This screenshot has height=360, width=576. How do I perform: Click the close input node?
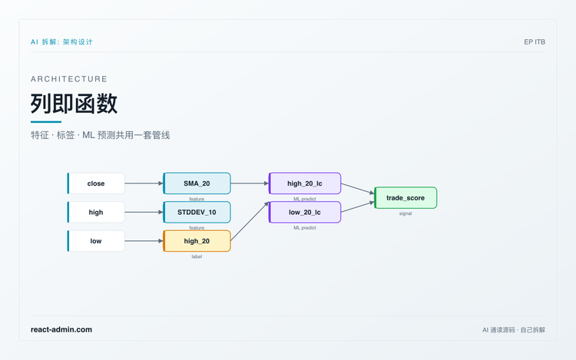96,183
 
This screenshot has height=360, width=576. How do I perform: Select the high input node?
96,212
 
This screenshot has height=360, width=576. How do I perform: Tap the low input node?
96,241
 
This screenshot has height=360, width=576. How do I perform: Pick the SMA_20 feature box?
197,183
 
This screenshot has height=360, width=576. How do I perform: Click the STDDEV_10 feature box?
197,212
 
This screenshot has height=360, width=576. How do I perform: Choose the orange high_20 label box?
197,241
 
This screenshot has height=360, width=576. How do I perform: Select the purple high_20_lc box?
305,183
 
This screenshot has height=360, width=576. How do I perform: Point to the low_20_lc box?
305,212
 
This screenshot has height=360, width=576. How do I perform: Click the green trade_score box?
406,198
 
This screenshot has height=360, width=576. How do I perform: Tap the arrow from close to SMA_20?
144,183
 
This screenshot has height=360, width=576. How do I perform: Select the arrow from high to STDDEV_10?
144,212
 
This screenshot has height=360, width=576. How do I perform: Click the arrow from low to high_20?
144,241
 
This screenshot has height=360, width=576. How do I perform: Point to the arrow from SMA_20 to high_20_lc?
250,183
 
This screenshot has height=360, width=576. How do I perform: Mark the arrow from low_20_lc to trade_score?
358,207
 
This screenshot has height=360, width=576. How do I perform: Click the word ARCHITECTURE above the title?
69,79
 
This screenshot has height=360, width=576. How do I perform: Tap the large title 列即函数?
74,104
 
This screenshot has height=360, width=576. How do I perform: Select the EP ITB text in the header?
535,42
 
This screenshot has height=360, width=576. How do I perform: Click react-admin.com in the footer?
61,329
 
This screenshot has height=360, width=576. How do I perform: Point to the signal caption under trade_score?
406,213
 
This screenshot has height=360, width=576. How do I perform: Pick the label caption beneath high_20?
197,256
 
